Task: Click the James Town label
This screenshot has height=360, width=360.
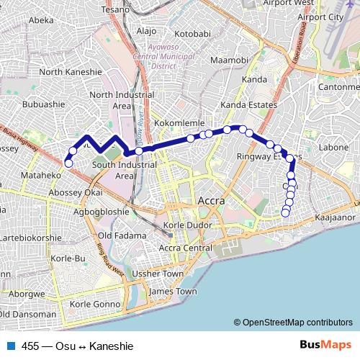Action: click(x=172, y=292)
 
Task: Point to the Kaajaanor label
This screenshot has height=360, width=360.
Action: click(x=336, y=216)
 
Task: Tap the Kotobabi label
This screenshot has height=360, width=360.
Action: click(x=192, y=34)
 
